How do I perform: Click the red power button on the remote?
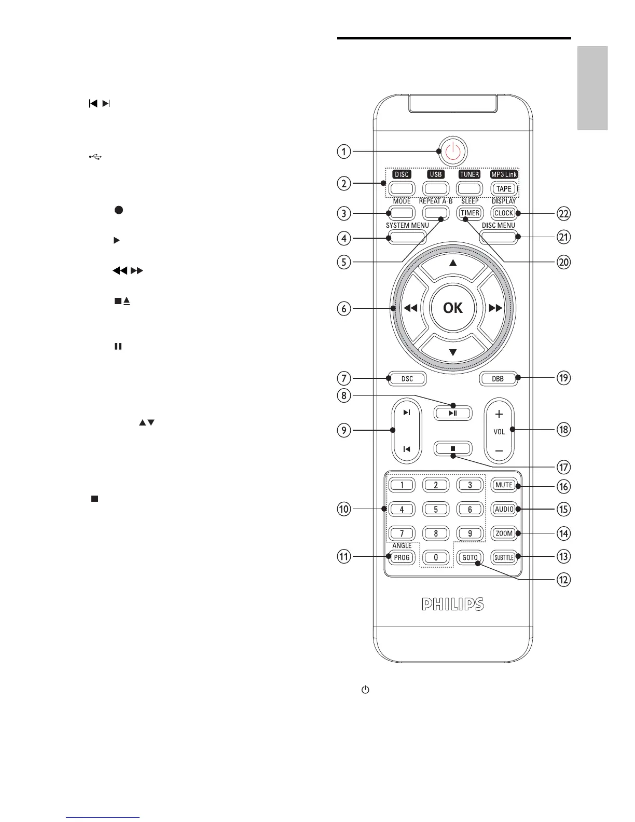pos(452,152)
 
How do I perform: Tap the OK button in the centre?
pos(452,308)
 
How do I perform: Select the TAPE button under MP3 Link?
pos(504,188)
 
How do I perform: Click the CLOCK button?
pos(504,213)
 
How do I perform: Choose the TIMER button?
pos(470,213)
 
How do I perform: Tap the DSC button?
pos(407,379)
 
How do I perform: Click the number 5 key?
pos(436,509)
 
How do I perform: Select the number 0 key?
pos(436,557)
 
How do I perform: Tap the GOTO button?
pos(470,557)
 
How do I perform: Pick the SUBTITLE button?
pos(504,557)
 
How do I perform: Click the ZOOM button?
pos(504,533)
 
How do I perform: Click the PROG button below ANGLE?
pos(402,557)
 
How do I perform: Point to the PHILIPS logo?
pos(452,605)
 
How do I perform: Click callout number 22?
pos(563,213)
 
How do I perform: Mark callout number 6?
pos(343,308)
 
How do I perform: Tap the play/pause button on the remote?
pos(453,413)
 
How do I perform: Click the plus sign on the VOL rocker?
pos(499,414)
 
